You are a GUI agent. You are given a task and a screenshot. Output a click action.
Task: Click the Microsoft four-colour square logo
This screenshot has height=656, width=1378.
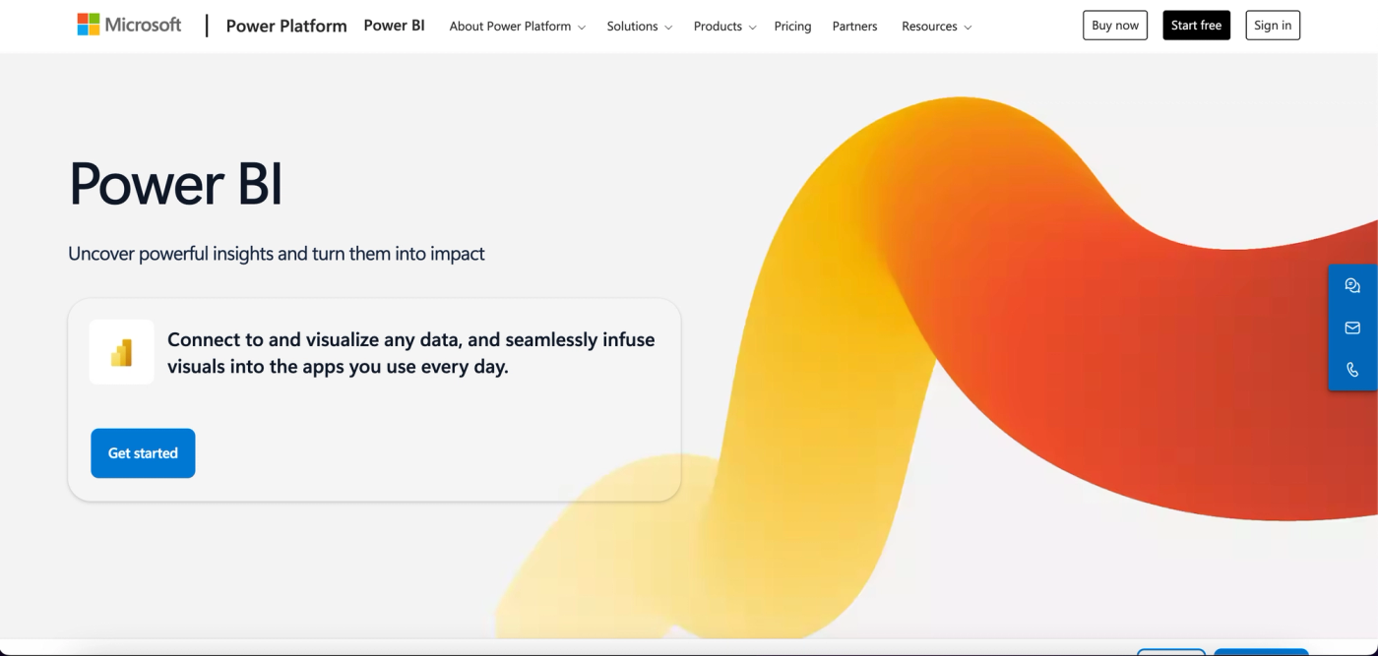tap(89, 25)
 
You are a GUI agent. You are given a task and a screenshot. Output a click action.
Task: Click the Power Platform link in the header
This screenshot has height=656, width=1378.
tap(286, 27)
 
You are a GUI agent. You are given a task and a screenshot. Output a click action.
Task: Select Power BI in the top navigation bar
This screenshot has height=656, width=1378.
tap(394, 26)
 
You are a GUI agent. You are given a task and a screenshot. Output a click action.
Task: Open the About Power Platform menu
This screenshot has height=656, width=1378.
tap(517, 27)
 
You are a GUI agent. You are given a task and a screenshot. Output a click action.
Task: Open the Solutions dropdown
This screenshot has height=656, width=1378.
tap(639, 27)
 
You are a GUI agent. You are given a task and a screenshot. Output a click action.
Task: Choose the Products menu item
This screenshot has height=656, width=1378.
tap(724, 27)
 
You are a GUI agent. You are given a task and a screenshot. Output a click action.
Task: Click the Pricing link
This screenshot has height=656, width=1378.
tap(792, 27)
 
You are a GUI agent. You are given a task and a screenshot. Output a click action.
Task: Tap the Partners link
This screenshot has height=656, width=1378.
tap(854, 27)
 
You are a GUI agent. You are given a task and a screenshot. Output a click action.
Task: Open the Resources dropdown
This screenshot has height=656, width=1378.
tap(936, 27)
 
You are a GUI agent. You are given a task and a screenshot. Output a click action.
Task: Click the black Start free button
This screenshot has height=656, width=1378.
tap(1196, 26)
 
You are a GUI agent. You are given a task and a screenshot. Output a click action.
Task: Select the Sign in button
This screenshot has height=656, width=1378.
tap(1273, 26)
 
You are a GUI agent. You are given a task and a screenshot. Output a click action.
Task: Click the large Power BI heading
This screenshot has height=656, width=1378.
tap(176, 184)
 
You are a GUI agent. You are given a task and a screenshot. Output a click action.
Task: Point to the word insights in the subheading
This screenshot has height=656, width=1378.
tap(242, 254)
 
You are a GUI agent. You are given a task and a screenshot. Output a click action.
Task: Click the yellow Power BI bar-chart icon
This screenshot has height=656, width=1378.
tap(121, 352)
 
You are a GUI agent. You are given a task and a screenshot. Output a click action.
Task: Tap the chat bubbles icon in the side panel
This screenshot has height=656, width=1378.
tap(1352, 286)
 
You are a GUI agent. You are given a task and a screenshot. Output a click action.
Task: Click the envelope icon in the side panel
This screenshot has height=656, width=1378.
tap(1352, 328)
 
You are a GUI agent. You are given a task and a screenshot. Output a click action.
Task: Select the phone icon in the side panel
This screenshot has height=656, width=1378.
tap(1352, 370)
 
